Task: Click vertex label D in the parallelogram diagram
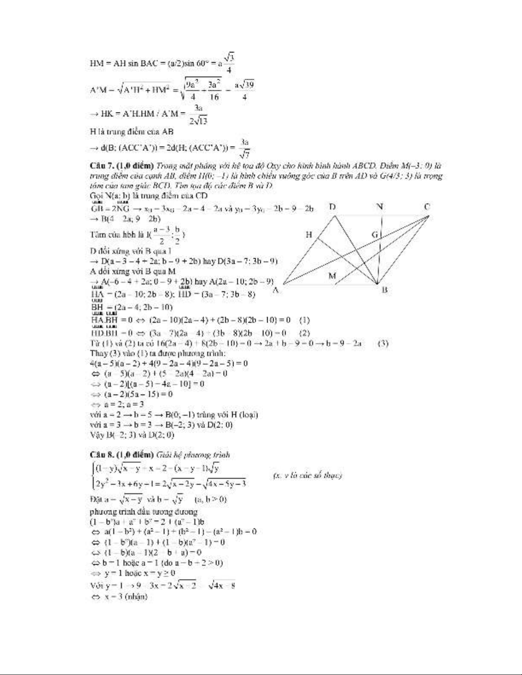332,207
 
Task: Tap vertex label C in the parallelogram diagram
427,207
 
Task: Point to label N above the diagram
380,207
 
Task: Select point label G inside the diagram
375,234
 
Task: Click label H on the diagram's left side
309,235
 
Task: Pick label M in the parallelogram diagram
332,276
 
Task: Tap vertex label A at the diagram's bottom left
276,290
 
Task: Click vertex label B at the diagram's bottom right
384,290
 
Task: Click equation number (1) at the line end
305,320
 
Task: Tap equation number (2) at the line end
305,333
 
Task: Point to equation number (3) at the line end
383,343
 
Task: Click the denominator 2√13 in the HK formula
199,121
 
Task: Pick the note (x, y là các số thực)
307,476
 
